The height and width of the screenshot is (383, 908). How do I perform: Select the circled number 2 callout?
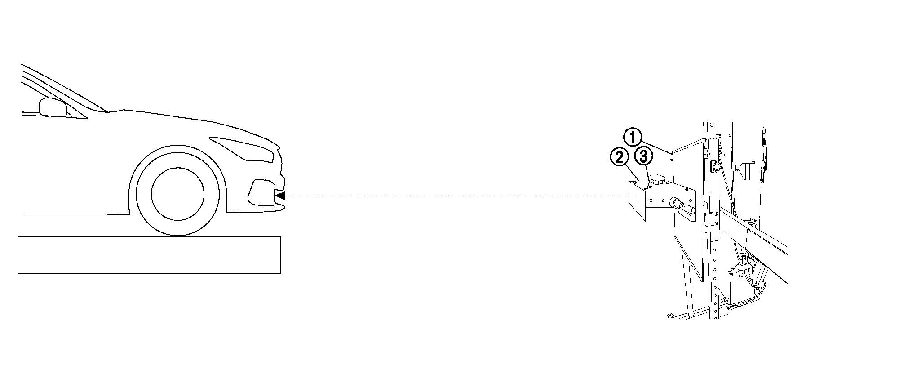619,157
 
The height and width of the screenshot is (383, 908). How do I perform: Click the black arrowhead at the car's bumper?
280,196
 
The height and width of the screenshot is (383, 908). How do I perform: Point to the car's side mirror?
53,107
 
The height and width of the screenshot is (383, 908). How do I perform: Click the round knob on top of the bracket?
659,180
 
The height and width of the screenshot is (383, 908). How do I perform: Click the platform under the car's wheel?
150,255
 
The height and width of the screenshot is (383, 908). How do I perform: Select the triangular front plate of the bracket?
636,200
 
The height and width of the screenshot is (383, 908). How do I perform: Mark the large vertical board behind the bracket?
687,211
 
